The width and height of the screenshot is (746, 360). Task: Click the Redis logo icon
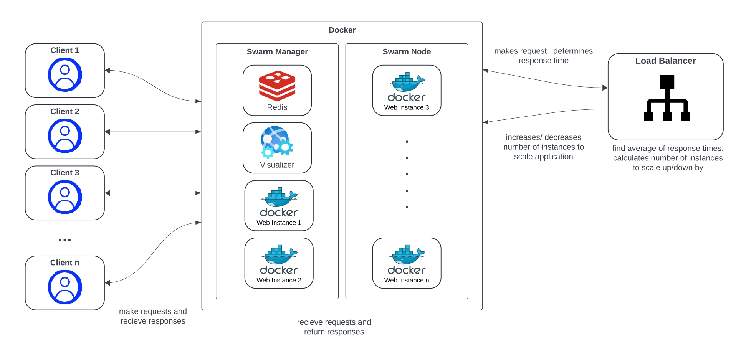coord(277,85)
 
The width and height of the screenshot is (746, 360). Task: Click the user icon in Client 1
coord(65,74)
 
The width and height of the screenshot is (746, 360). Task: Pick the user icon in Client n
coord(65,287)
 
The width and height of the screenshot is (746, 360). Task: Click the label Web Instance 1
coord(279,223)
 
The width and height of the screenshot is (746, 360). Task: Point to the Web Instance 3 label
coord(407,107)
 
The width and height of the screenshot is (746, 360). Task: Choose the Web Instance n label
coord(407,280)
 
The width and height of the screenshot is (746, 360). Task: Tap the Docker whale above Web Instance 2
coord(279,255)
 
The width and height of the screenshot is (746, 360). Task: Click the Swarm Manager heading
coord(277,51)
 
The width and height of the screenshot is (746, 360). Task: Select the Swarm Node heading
coord(407,51)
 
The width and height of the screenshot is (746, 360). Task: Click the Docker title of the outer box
coord(342,30)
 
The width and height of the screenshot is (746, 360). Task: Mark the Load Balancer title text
coord(665,61)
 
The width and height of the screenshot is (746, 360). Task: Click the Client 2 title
coord(65,111)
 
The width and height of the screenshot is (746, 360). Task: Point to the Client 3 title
coord(65,173)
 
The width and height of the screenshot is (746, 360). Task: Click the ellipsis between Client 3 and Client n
coord(65,240)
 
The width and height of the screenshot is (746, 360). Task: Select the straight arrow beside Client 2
coord(153,132)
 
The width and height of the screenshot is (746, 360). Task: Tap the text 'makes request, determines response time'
coord(543,56)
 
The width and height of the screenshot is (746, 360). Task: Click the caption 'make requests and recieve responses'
coord(153,316)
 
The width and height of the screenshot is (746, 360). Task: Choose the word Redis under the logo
coord(277,107)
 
